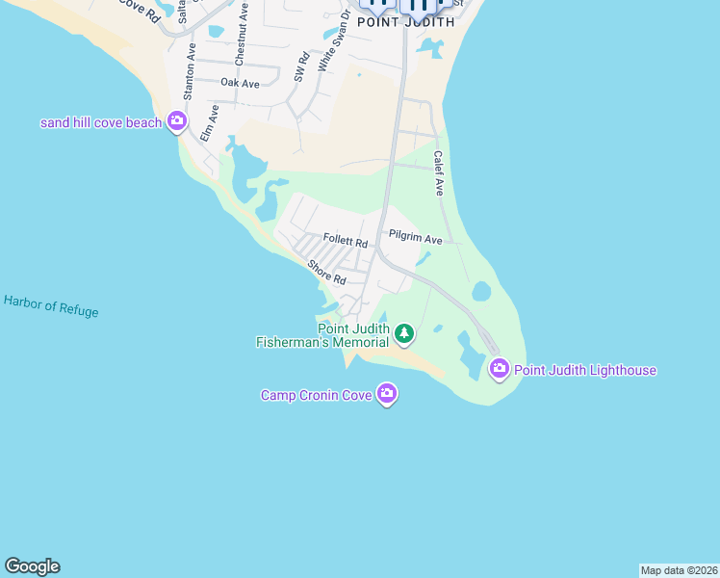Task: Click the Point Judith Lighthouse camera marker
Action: tap(499, 368)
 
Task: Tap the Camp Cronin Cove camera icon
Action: tap(387, 393)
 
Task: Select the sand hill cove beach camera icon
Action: tap(177, 121)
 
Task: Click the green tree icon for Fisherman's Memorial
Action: tap(405, 334)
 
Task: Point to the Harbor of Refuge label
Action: tap(51, 305)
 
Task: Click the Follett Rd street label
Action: tap(346, 240)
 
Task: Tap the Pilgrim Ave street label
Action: tap(415, 236)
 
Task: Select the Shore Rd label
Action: tap(326, 272)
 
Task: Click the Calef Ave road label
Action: tap(438, 173)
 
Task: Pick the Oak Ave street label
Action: tap(240, 83)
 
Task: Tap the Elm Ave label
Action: tap(209, 124)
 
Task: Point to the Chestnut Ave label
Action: tap(241, 35)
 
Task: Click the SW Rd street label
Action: tap(299, 66)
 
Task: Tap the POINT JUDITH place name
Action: tap(405, 21)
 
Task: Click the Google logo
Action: tap(32, 566)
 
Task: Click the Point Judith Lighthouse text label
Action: tap(585, 370)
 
